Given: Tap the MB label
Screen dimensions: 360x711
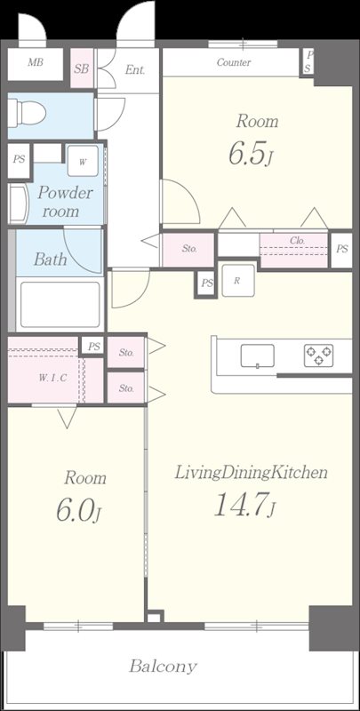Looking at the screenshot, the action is coord(35,62).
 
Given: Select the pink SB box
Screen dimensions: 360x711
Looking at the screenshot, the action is coord(82,68).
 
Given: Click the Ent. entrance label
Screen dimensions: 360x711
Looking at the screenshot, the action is coord(135,70).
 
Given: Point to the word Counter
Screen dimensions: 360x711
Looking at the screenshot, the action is coord(234,62).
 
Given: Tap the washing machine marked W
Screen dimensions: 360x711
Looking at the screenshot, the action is coord(83,161).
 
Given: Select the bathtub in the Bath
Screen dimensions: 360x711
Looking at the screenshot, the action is coord(60,305).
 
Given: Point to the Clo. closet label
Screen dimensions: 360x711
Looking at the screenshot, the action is coord(298,241).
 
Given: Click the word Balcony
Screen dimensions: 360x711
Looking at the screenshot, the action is coord(164,667).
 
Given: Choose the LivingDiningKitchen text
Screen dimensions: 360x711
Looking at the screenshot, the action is coord(252,473).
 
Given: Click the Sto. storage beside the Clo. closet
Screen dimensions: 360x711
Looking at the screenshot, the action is coord(189,250).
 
